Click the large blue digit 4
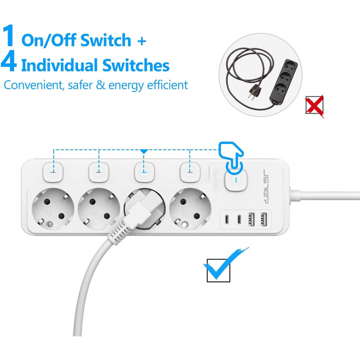(x=10, y=63)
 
